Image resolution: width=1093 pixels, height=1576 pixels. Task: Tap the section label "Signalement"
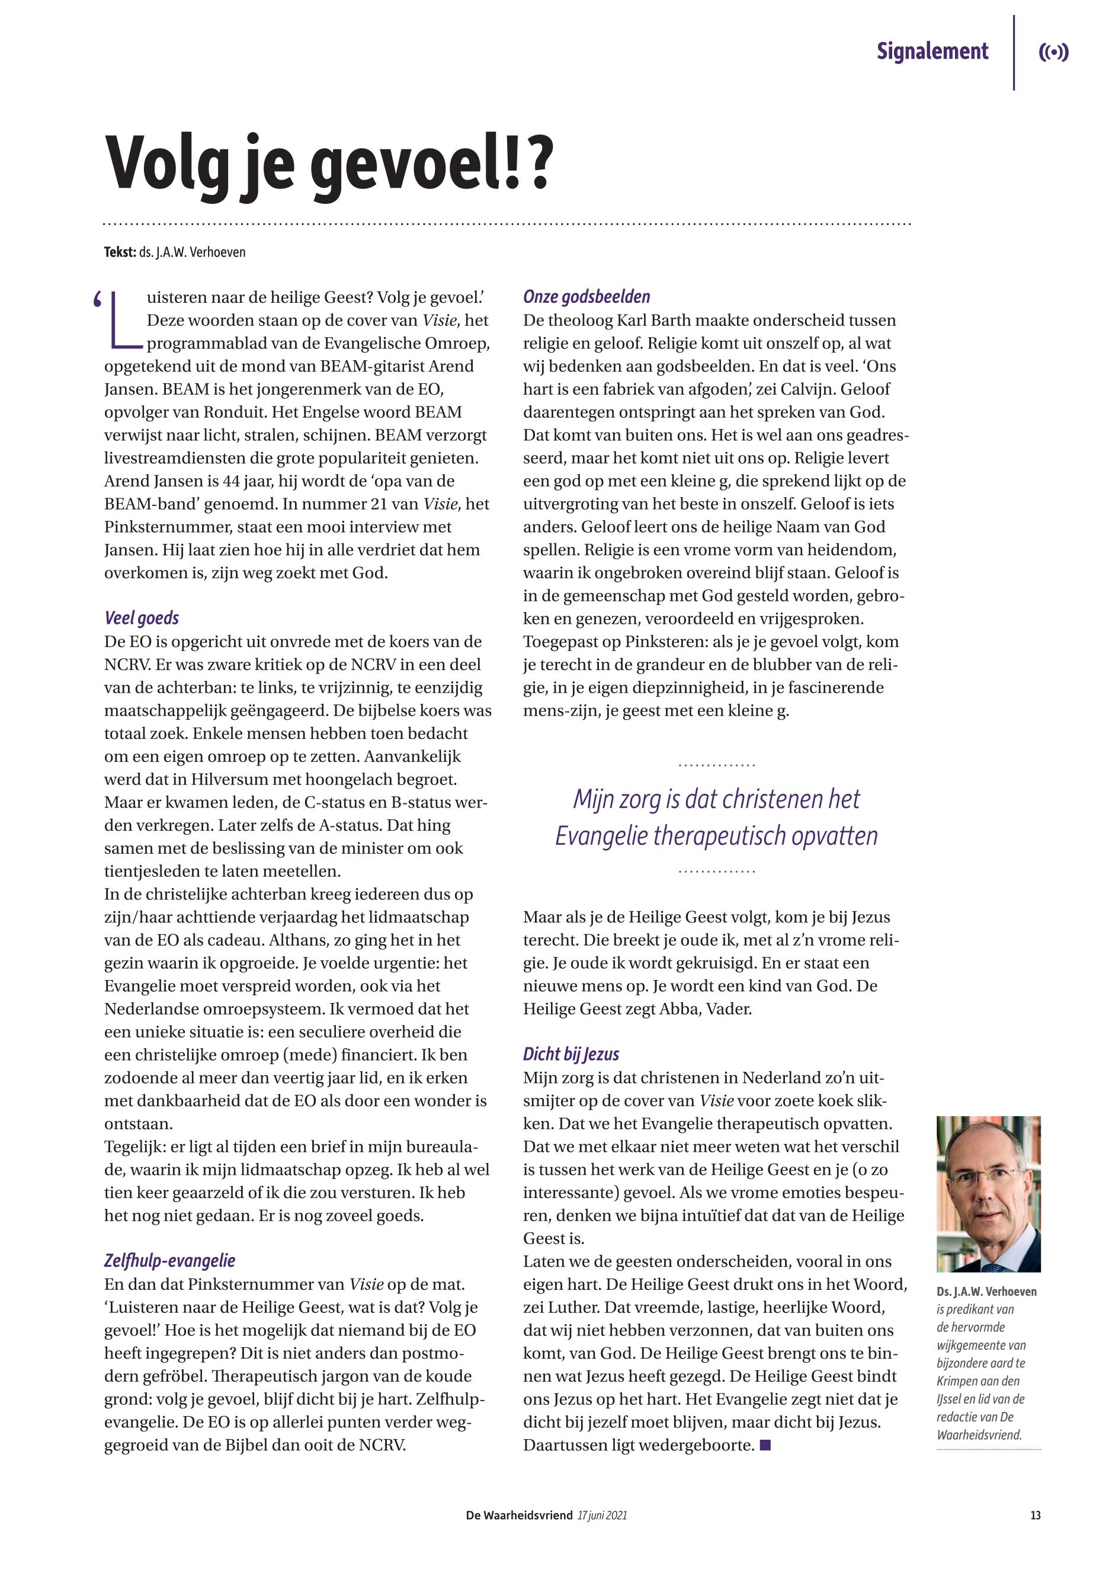(932, 52)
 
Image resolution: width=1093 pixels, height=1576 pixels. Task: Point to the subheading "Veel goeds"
(141, 618)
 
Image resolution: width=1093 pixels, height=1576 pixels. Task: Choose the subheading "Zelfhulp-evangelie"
(169, 1260)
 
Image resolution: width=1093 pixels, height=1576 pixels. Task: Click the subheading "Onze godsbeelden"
(586, 297)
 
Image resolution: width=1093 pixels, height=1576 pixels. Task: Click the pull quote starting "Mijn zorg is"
(716, 817)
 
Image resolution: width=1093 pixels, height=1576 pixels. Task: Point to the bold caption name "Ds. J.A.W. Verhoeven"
(986, 1292)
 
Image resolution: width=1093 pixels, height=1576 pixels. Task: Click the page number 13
(1035, 1516)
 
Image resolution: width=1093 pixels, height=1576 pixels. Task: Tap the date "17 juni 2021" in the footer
(602, 1516)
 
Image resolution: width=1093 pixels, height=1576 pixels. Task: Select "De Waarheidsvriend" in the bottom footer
(518, 1516)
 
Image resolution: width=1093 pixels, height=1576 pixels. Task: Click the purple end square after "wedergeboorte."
(765, 1445)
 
